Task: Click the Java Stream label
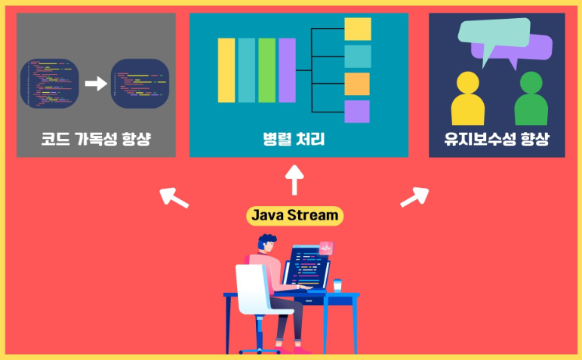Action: [294, 216]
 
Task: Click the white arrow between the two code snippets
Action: [95, 82]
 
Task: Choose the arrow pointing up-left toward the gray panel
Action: [175, 197]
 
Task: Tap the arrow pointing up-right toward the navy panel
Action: [414, 197]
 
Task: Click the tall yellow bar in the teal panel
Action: [226, 69]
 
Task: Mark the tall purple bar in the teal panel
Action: [287, 69]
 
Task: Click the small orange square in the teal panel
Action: [357, 84]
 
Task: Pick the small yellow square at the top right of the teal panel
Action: [357, 29]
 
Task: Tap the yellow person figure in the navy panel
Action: [468, 100]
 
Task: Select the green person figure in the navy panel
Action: [531, 100]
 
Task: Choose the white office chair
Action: [257, 294]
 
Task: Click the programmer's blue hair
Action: [266, 242]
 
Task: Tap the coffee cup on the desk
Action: [337, 285]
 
